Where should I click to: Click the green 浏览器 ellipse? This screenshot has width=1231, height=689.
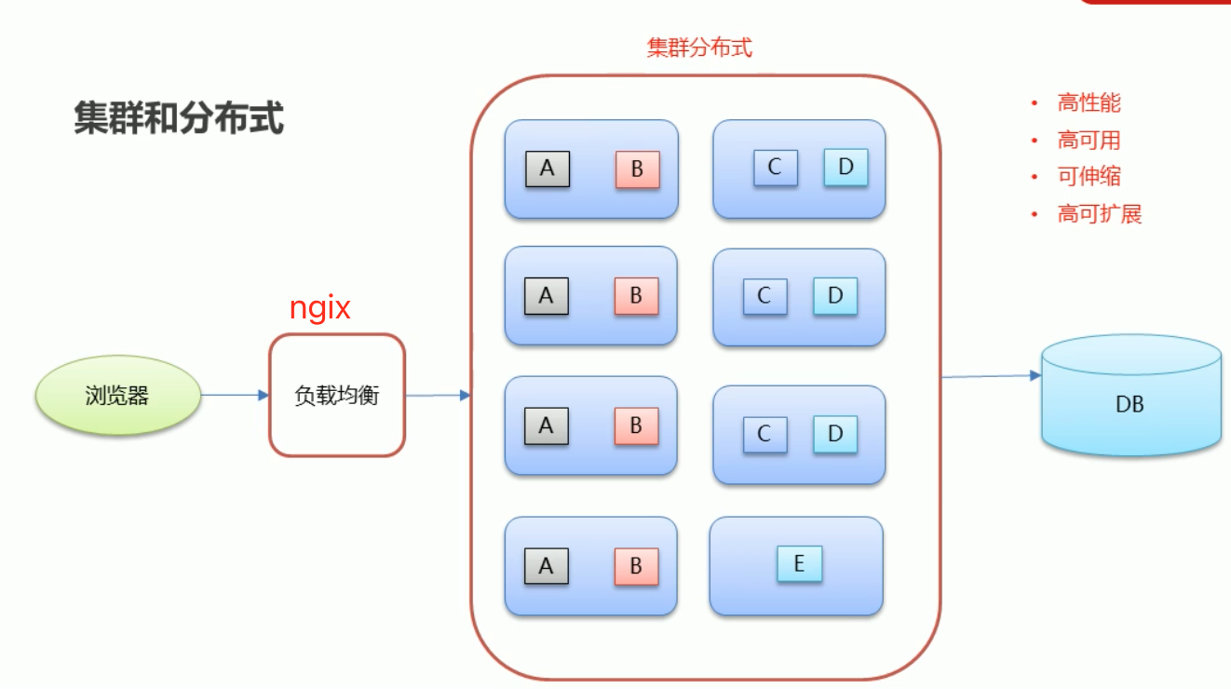[118, 396]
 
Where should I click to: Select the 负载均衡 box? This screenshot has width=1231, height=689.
[337, 395]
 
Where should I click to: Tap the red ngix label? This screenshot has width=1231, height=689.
[319, 308]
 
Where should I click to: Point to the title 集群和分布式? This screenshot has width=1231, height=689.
[179, 120]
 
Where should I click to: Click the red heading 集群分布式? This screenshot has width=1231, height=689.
[699, 47]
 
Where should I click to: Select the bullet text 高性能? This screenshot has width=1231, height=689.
[1089, 103]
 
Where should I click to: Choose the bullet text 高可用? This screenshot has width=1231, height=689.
[1089, 141]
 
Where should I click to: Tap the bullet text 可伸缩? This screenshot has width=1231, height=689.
[1089, 177]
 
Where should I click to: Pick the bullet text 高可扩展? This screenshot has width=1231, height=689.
[1099, 214]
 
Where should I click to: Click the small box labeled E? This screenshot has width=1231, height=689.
[799, 564]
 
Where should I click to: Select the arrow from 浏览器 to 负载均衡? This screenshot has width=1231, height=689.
[235, 396]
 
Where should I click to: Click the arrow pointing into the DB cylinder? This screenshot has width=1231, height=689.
[991, 376]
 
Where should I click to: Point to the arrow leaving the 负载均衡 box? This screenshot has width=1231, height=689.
[438, 396]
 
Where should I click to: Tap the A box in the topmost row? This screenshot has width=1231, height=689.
[547, 169]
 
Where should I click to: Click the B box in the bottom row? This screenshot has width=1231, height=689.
[636, 566]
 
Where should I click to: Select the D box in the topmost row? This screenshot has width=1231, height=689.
[845, 167]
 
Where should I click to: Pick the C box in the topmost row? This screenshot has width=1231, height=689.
[775, 168]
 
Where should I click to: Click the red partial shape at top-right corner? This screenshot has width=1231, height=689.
[1155, 3]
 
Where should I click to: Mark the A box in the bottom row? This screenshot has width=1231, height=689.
[546, 566]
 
